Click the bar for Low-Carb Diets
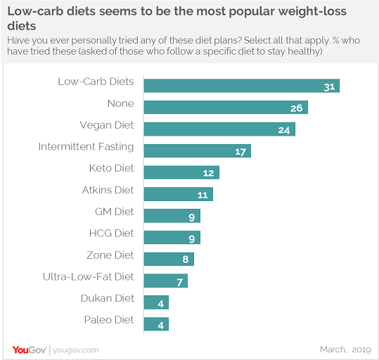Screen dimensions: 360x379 click(241, 86)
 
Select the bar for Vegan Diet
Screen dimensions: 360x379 click(219, 129)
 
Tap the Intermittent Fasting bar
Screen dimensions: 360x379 click(197, 151)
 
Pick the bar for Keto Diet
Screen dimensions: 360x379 click(181, 172)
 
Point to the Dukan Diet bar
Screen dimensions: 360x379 click(156, 302)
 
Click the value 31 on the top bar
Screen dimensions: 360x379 click(329, 86)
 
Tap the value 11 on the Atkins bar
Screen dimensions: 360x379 click(203, 194)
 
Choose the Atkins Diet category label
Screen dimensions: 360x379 click(108, 190)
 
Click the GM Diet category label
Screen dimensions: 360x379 click(114, 212)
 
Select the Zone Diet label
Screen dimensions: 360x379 click(110, 255)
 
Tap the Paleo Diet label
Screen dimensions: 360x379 click(109, 320)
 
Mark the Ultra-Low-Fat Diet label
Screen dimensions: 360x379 click(88, 277)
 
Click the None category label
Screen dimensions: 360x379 click(120, 103)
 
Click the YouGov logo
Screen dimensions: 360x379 click(30, 349)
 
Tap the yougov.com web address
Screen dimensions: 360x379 click(75, 349)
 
